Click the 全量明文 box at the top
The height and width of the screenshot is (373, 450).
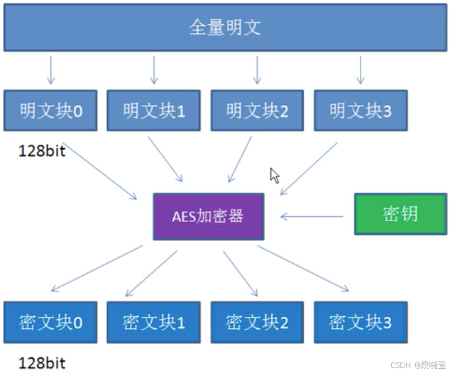point(225,28)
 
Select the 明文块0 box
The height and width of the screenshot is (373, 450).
point(50,111)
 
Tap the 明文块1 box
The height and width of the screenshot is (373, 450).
point(153,111)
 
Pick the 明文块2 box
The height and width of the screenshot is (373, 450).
point(257,111)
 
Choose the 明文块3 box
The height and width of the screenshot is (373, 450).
point(361,111)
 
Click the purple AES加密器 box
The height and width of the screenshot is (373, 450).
point(209,216)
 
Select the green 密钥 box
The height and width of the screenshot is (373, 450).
point(400,214)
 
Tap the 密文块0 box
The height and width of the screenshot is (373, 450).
point(50,323)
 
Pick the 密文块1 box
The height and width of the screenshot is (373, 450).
point(153,323)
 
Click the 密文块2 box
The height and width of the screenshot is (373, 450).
point(257,323)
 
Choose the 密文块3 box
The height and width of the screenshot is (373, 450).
point(361,323)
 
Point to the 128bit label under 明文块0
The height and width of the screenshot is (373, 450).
point(43,151)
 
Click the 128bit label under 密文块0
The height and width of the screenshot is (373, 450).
point(43,363)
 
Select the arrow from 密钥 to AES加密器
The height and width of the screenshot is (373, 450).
point(316,216)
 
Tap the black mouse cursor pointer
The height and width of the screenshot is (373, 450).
point(275,175)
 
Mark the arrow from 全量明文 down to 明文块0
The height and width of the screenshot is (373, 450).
point(50,70)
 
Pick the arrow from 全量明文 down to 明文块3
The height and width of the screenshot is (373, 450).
point(361,70)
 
